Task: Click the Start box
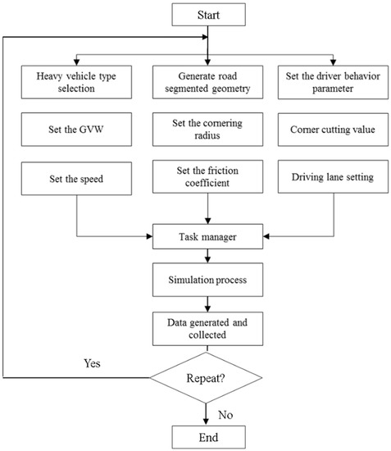pos(208,14)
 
